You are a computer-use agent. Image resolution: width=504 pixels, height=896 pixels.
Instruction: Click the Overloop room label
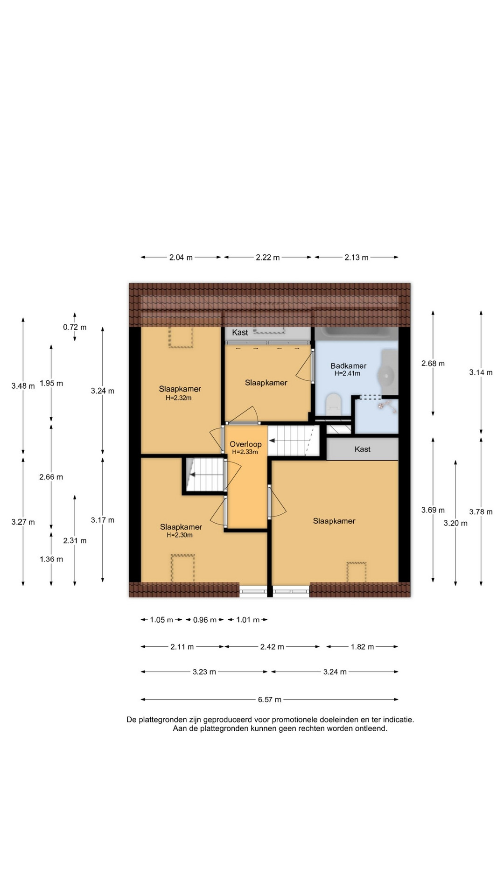click(245, 444)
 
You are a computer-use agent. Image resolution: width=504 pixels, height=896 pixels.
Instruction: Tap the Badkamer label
click(349, 366)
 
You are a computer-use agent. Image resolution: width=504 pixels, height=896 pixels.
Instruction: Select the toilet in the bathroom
click(333, 403)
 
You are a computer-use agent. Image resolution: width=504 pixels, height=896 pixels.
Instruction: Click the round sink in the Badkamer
click(387, 374)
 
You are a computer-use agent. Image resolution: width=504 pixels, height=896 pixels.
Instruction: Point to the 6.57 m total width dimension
click(270, 700)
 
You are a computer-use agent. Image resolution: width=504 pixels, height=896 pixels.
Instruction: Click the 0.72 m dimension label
click(75, 327)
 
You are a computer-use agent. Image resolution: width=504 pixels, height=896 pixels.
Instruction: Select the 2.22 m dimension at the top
click(268, 257)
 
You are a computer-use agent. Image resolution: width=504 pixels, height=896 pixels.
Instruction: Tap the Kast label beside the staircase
click(363, 449)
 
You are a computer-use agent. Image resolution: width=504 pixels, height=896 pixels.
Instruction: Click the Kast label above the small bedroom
click(240, 332)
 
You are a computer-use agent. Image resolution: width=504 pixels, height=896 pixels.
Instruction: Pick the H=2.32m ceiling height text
click(179, 398)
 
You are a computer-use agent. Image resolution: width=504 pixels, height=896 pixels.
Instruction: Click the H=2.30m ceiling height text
click(180, 535)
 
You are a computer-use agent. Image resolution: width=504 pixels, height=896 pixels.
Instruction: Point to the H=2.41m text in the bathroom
click(347, 373)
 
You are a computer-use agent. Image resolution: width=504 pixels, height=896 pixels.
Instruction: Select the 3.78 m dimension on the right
click(481, 512)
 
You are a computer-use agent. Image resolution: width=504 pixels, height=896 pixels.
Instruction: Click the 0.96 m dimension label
click(205, 620)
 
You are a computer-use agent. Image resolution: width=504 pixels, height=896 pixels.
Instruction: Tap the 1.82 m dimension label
click(362, 647)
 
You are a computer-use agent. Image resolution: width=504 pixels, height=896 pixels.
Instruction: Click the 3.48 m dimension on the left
click(23, 386)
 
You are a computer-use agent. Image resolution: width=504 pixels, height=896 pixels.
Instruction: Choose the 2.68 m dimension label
click(433, 363)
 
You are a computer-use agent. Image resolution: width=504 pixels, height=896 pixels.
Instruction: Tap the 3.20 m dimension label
click(455, 523)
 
